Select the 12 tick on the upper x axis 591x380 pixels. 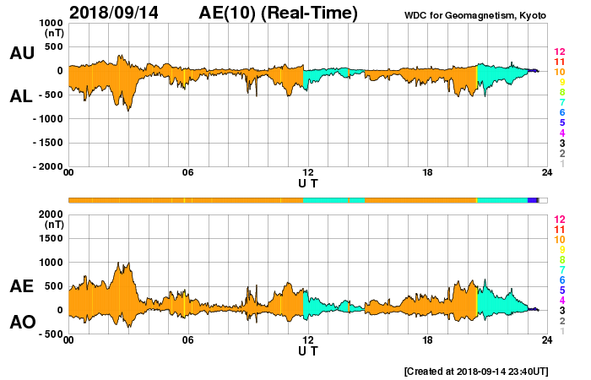(308, 173)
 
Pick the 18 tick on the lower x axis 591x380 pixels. (428, 341)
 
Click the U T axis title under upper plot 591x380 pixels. (308, 183)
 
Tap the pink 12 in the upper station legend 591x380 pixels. (559, 52)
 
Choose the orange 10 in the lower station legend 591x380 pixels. (559, 239)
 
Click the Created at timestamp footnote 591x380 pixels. (476, 371)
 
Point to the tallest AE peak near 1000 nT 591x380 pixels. (119, 263)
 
